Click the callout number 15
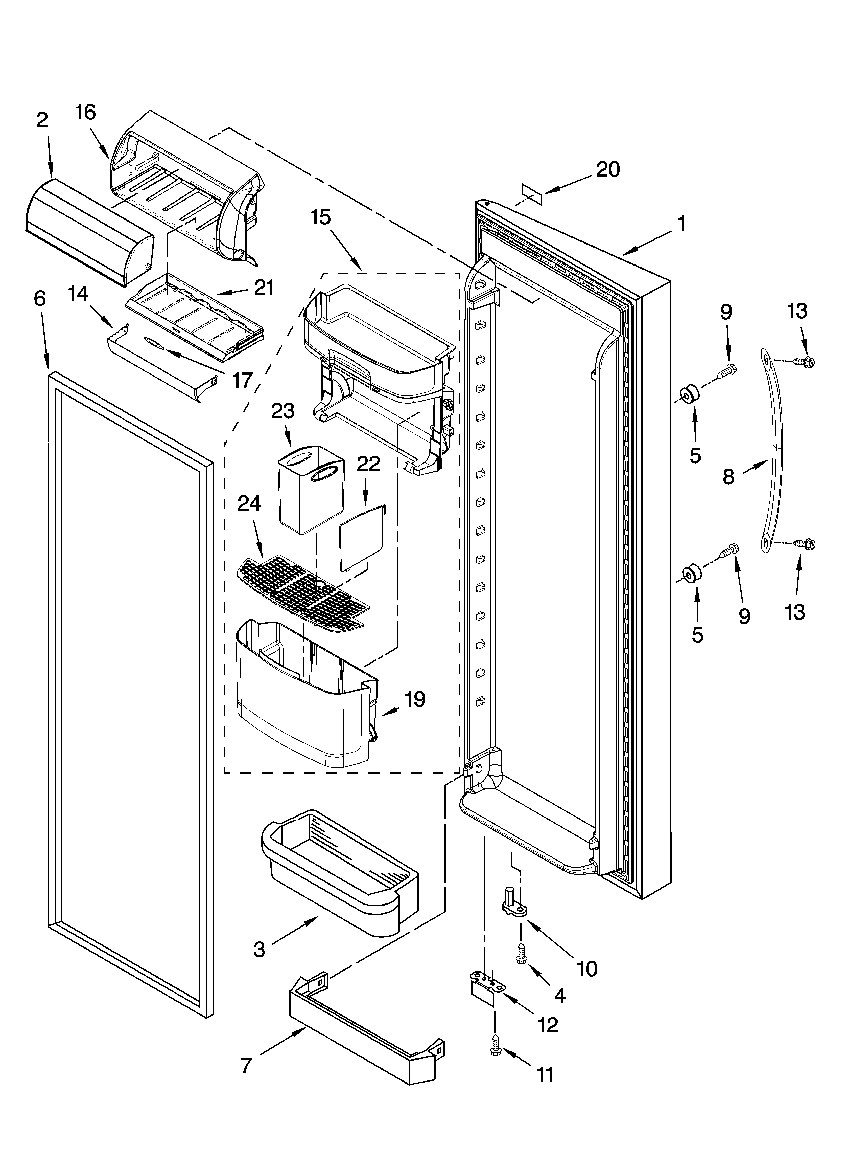(320, 217)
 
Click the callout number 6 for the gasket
(40, 299)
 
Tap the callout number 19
(415, 699)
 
